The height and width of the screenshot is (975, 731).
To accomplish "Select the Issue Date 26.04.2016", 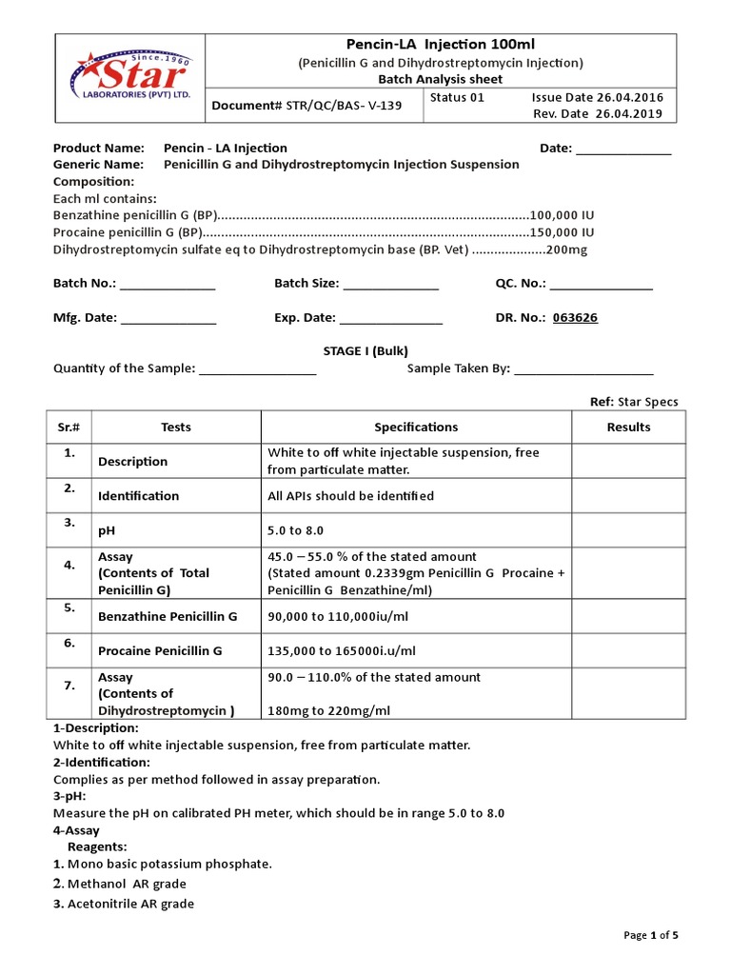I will [598, 97].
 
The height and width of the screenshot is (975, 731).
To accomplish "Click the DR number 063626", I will [575, 318].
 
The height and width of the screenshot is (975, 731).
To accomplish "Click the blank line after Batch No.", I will [168, 286].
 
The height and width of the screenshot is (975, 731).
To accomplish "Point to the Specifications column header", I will [416, 428].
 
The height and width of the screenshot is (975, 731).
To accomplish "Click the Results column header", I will [628, 428].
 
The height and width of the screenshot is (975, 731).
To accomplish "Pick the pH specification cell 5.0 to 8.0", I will [302, 530].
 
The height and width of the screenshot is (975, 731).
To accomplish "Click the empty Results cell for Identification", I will [628, 495].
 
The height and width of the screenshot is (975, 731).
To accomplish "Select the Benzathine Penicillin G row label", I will [168, 616].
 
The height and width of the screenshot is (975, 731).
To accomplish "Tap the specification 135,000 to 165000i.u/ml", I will [342, 651].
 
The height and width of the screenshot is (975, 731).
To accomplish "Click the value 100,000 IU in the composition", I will [563, 215].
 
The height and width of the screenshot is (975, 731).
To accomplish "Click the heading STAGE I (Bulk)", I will [365, 351].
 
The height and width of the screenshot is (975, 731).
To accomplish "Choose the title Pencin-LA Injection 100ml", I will [439, 45].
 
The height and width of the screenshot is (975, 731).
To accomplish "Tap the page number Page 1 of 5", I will [651, 935].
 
